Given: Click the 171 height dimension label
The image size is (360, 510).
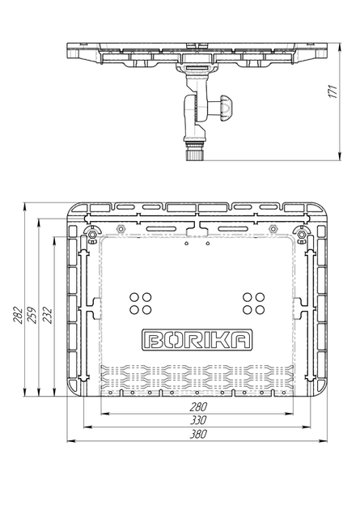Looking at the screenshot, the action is click(x=332, y=91).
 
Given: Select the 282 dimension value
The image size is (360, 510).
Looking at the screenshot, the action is click(x=18, y=315).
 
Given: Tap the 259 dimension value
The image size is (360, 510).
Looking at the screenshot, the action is click(x=32, y=315).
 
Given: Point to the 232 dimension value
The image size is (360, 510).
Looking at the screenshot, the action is click(x=47, y=315).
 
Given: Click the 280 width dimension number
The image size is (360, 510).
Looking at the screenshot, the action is click(x=198, y=407).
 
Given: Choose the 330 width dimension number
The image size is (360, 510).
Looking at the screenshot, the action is click(x=198, y=421).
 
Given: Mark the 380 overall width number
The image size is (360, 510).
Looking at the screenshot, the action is click(x=198, y=434).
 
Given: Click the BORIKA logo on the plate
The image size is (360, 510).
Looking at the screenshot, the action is click(x=197, y=340).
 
